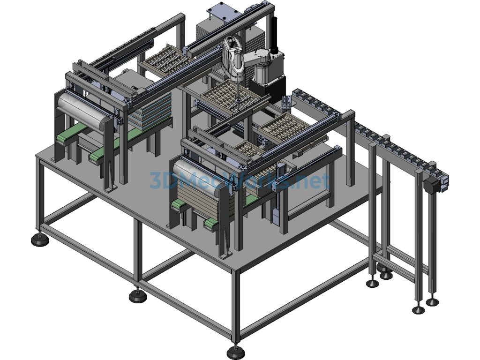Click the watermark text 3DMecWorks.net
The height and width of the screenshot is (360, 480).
[240, 180]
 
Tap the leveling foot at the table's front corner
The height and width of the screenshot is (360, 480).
[235, 352]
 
